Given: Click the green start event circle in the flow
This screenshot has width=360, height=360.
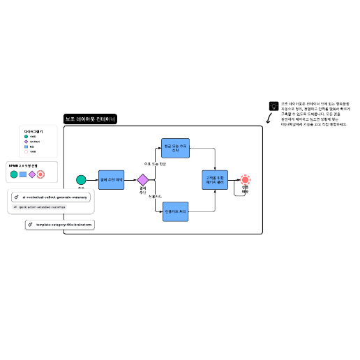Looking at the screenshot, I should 81,180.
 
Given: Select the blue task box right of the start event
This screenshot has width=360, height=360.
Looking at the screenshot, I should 111,180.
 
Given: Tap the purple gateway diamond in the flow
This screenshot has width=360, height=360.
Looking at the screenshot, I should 143,180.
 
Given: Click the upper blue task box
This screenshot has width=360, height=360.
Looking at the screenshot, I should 176,148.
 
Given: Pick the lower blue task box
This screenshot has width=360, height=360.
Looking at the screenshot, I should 176,211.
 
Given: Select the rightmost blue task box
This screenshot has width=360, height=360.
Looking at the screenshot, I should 215,180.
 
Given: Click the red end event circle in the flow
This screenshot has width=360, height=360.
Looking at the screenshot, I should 245,180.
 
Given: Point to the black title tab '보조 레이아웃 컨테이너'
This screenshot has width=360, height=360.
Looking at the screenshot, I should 91,119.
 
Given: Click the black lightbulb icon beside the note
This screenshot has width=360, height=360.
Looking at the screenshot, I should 273,106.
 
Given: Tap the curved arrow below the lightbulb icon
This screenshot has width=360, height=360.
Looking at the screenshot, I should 269,123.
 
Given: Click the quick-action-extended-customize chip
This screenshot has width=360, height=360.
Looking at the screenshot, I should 40,207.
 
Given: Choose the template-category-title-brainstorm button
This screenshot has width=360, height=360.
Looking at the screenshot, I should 59,225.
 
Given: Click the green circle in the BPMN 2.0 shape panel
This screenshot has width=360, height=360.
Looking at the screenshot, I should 14,174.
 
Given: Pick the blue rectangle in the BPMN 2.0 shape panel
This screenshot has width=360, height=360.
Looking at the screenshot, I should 23,174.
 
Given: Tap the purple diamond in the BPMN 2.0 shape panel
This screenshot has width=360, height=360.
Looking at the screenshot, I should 32,174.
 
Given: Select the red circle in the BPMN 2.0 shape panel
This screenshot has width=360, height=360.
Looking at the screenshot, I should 41,174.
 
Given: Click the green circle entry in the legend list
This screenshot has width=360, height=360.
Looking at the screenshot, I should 26,136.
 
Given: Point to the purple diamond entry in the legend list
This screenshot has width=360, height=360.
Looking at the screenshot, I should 26,142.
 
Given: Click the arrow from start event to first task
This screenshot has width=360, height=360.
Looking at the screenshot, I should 92,180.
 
